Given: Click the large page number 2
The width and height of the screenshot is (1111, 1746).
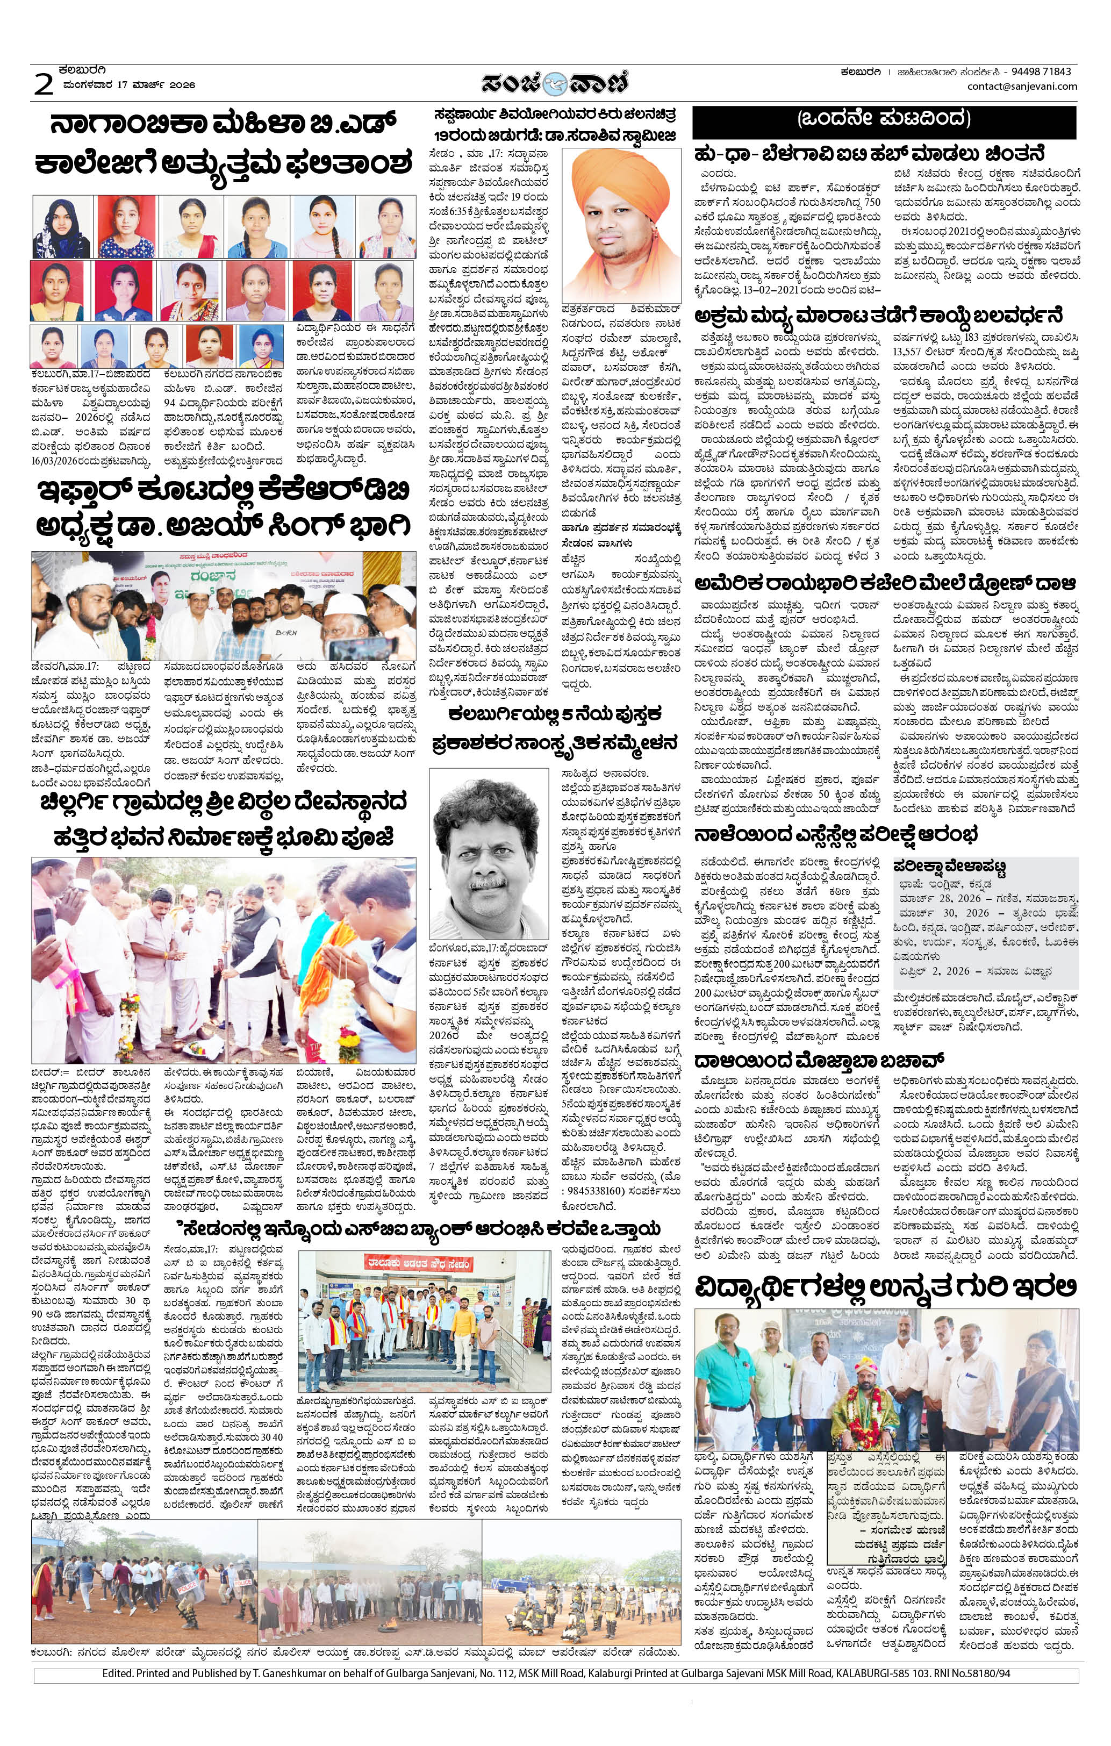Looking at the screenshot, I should click(44, 83).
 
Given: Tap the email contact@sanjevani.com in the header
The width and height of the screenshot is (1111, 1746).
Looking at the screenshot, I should click(1022, 87).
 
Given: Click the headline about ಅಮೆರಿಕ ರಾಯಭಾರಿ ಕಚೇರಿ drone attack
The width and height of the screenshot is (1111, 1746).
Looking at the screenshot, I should click(885, 584).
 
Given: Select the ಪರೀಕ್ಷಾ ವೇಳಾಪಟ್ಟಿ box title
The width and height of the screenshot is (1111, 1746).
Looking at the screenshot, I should click(949, 866).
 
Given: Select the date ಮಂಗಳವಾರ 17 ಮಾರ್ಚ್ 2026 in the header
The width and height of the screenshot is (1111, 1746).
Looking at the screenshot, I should click(128, 85).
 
